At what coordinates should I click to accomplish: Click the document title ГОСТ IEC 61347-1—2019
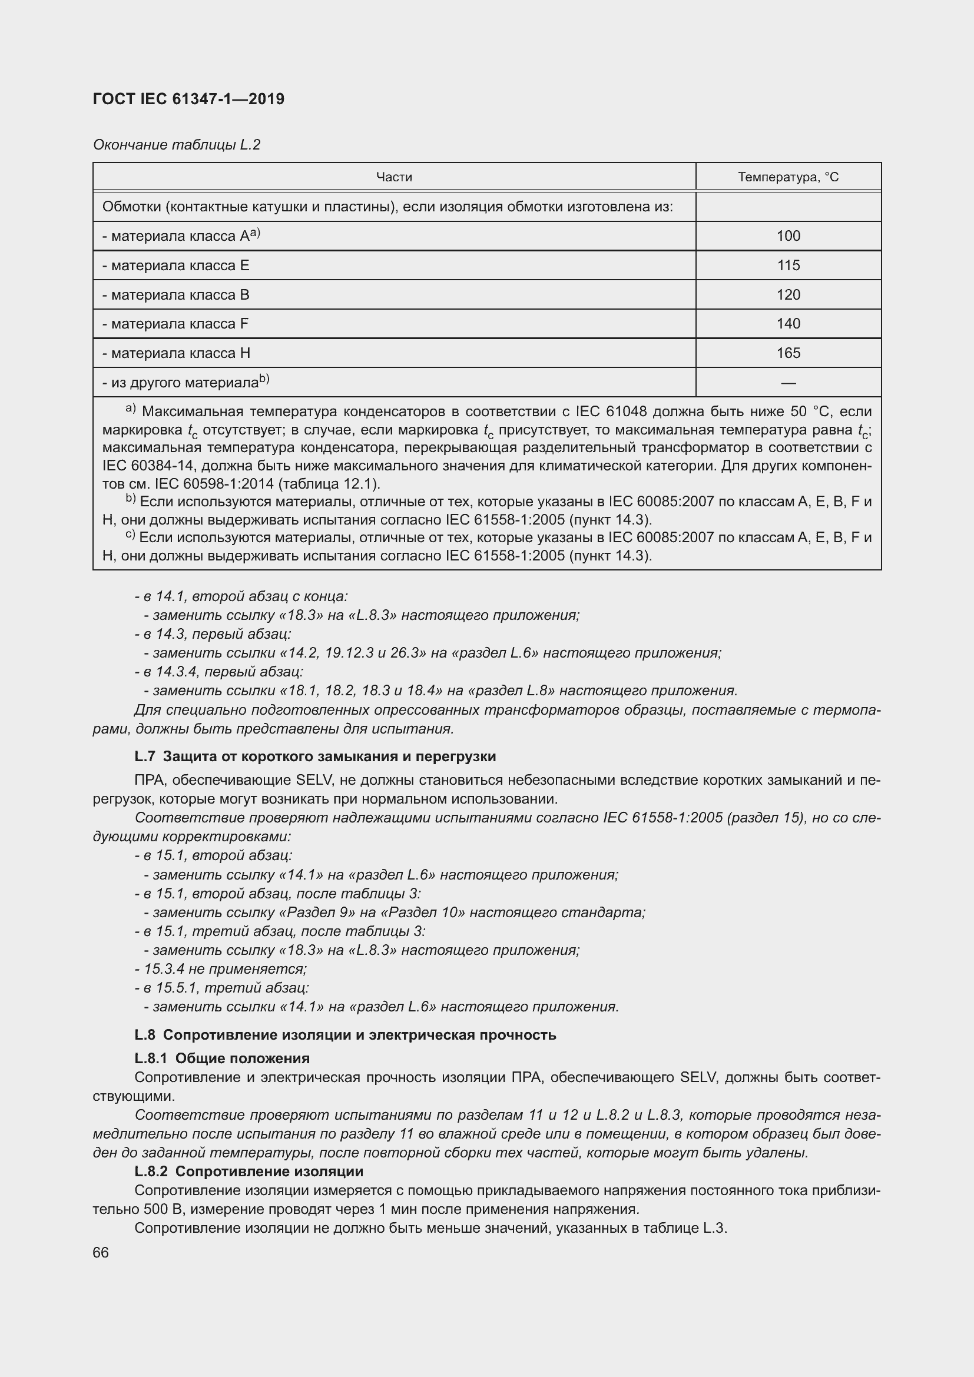point(188,99)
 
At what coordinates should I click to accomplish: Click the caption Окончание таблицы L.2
point(176,145)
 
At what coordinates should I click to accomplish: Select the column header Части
point(393,177)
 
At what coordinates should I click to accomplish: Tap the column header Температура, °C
point(787,177)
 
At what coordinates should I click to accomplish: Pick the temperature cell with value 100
point(787,235)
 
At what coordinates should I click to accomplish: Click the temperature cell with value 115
point(787,265)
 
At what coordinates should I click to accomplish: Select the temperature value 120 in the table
point(787,294)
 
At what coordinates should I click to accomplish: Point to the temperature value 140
point(787,324)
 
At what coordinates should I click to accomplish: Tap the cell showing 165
point(787,353)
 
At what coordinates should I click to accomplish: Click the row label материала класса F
point(175,324)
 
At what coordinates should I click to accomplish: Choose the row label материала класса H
point(176,353)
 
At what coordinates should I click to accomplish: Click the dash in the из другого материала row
point(787,383)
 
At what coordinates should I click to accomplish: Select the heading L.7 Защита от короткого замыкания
point(315,756)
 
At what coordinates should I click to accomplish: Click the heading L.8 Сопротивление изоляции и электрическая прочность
point(345,1034)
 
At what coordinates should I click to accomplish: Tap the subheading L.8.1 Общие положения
point(222,1058)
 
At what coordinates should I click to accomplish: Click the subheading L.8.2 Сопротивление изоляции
point(249,1172)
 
